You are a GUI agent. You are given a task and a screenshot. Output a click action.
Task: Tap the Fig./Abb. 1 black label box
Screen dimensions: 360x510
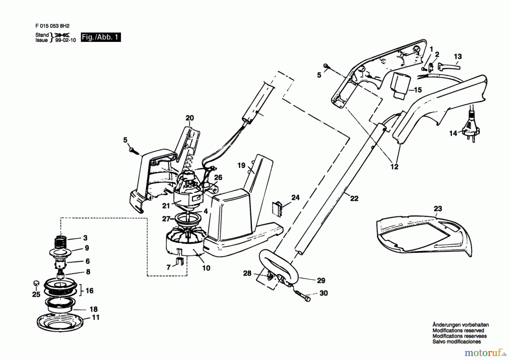pos(101,37)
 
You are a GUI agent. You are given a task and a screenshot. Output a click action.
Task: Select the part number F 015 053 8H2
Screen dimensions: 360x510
pos(52,26)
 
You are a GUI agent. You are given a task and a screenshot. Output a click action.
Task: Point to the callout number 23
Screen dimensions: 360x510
pos(438,209)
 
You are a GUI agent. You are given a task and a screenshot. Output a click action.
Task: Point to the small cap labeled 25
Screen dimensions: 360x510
pos(36,283)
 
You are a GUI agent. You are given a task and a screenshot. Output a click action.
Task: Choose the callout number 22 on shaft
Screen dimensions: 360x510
pos(354,199)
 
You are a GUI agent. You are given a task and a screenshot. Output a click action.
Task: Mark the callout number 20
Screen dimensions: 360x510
pos(190,118)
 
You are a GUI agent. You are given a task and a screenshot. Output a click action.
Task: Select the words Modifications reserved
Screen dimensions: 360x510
pos(458,331)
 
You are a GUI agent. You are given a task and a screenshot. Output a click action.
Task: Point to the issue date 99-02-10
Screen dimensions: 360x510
pos(65,40)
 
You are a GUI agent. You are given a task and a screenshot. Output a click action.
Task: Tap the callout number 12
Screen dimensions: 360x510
pos(394,167)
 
